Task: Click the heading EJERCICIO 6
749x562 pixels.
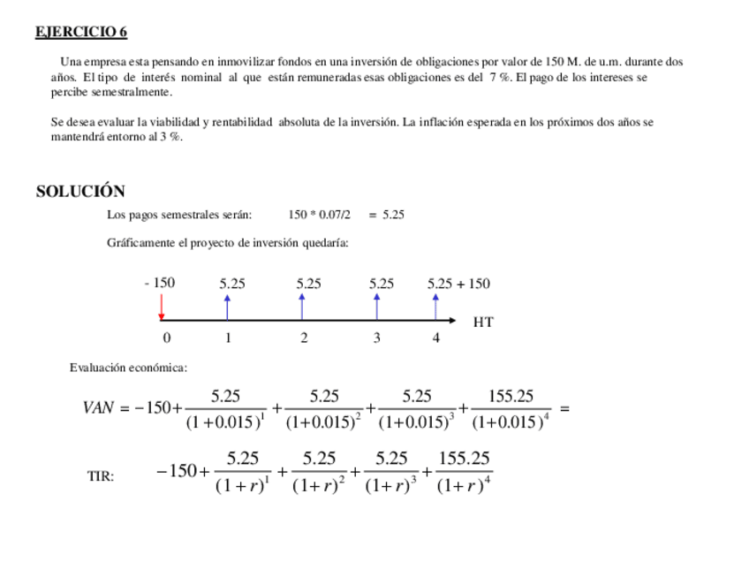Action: [81, 33]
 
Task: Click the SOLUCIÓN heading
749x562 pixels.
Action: [80, 191]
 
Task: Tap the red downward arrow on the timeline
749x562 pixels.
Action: [162, 307]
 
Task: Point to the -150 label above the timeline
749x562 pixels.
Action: [160, 284]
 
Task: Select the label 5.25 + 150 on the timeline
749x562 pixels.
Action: [458, 284]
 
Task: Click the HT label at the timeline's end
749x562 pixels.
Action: [482, 322]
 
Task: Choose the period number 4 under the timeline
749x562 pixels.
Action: [435, 338]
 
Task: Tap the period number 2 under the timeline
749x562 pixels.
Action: [304, 338]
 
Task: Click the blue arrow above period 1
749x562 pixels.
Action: [228, 306]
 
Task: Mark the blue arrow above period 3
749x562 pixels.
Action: [377, 306]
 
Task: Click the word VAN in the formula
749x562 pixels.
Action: [99, 408]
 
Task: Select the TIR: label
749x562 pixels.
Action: [101, 476]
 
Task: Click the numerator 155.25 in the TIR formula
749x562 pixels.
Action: [465, 459]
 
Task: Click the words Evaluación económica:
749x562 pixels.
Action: [128, 368]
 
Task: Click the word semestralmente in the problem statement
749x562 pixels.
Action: [134, 92]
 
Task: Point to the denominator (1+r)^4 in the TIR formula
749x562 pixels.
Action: [465, 485]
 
